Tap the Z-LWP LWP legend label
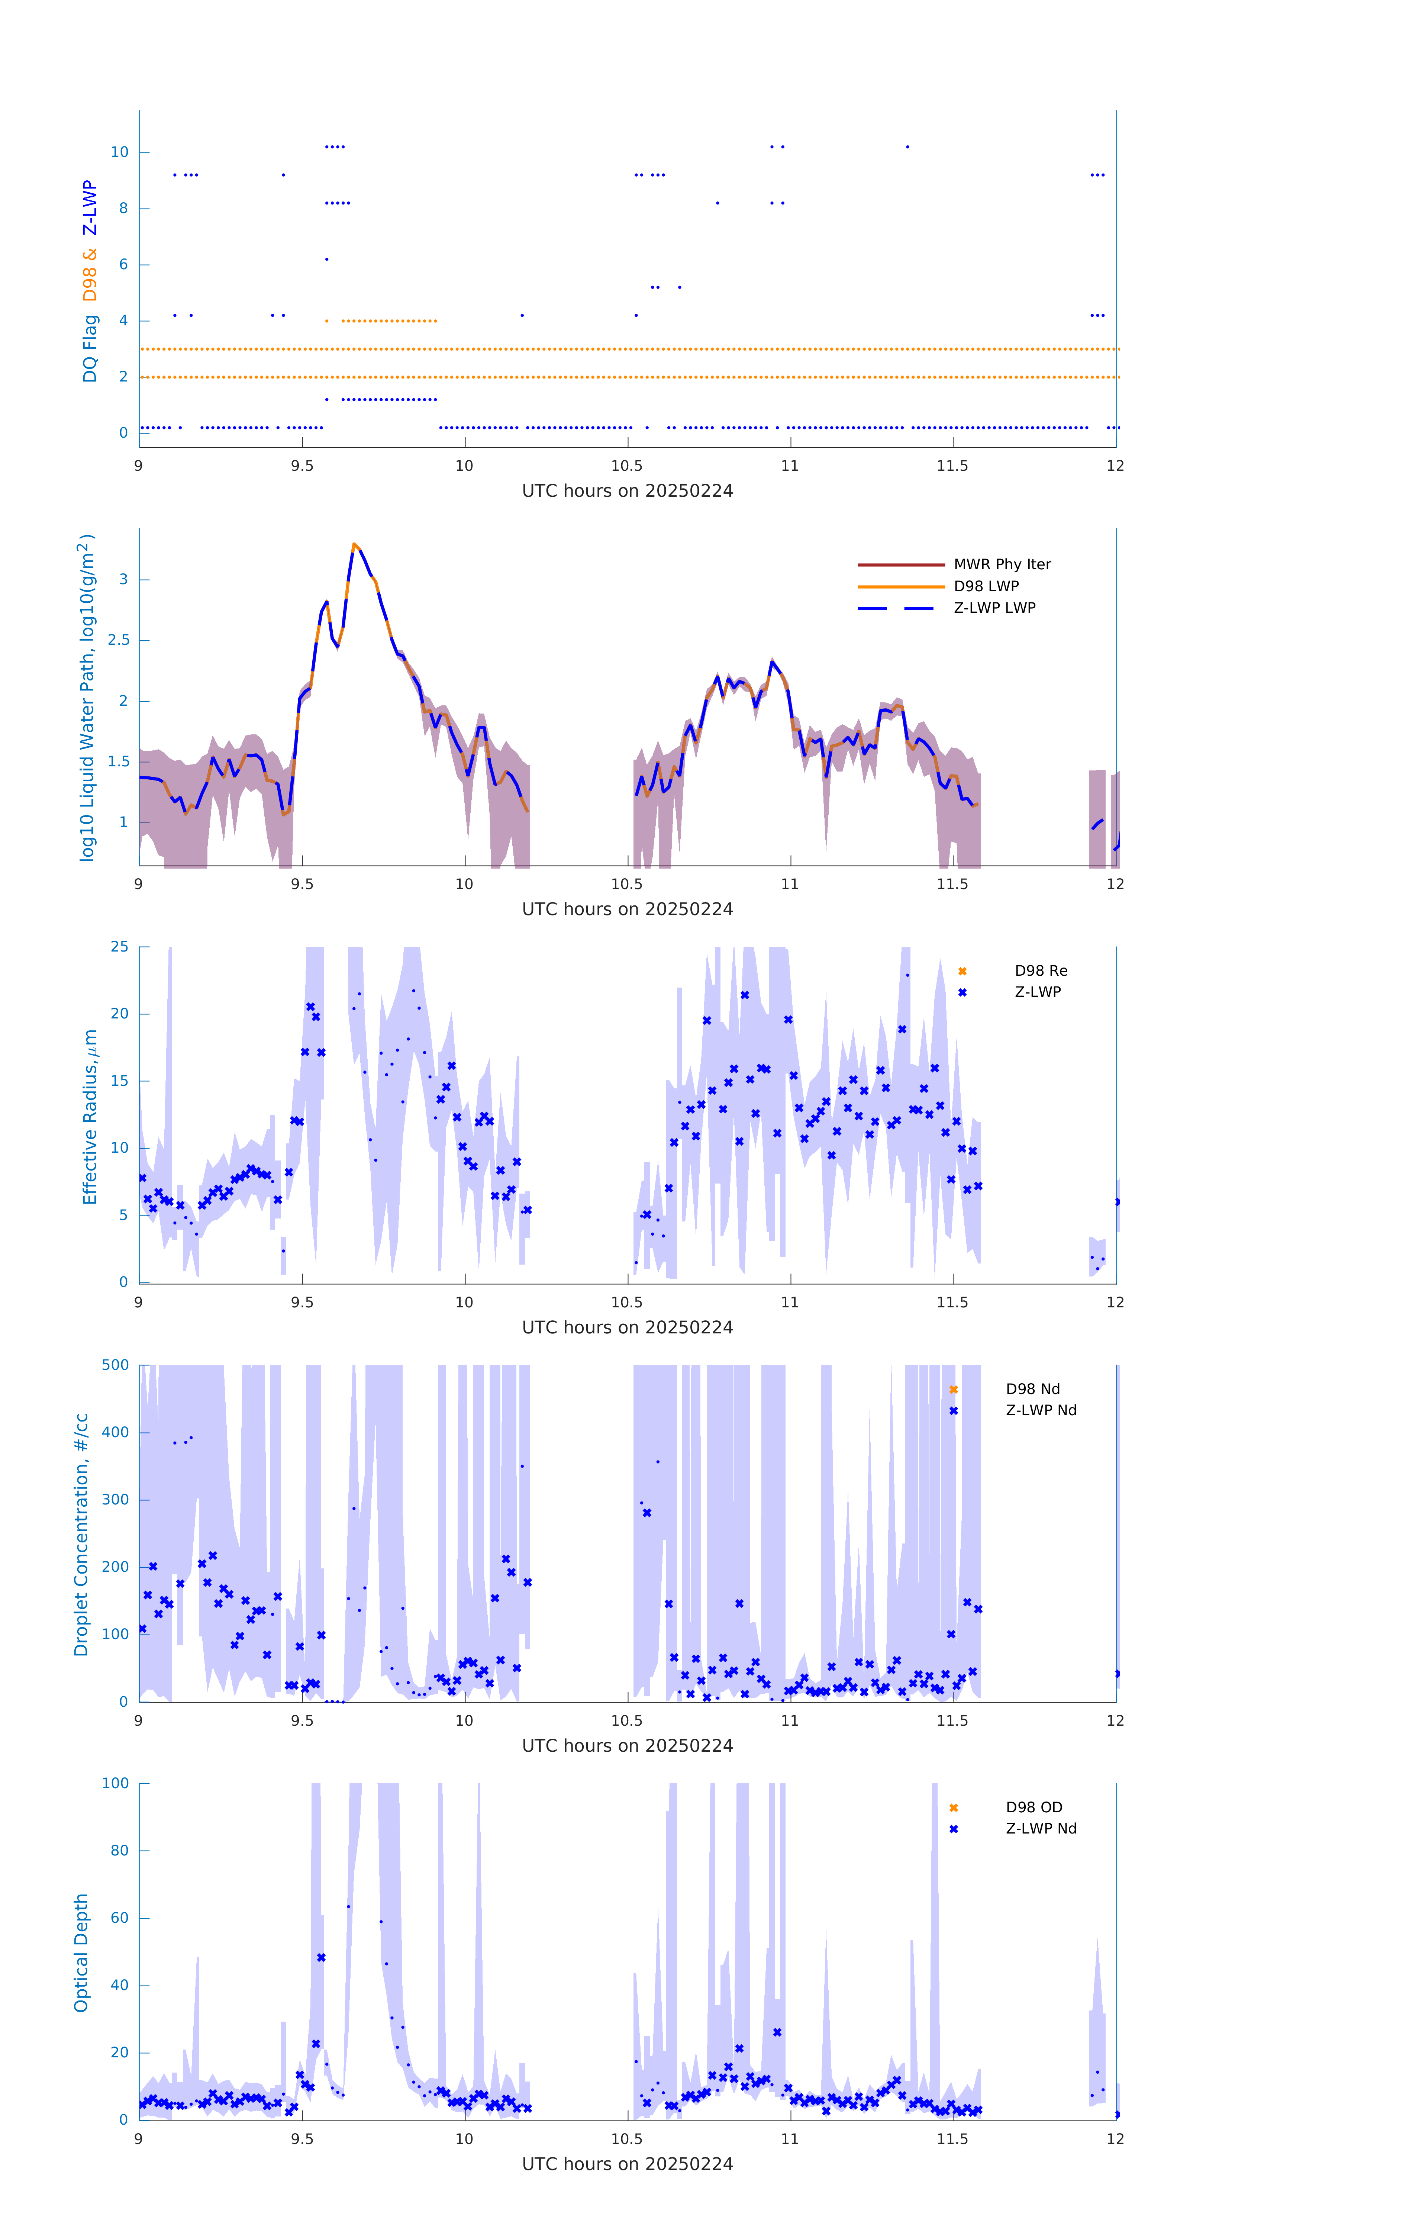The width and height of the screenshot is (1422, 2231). [994, 608]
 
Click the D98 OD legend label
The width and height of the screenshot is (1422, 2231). [1034, 1807]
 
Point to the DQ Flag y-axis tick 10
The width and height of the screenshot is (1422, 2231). [119, 152]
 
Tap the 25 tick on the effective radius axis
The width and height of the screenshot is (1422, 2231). [119, 947]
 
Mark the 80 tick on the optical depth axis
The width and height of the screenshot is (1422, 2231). [119, 1851]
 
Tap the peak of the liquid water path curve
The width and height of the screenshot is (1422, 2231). [354, 545]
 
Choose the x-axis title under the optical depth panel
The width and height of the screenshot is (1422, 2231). [627, 2164]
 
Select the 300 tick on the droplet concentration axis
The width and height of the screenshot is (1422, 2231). [116, 1500]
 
